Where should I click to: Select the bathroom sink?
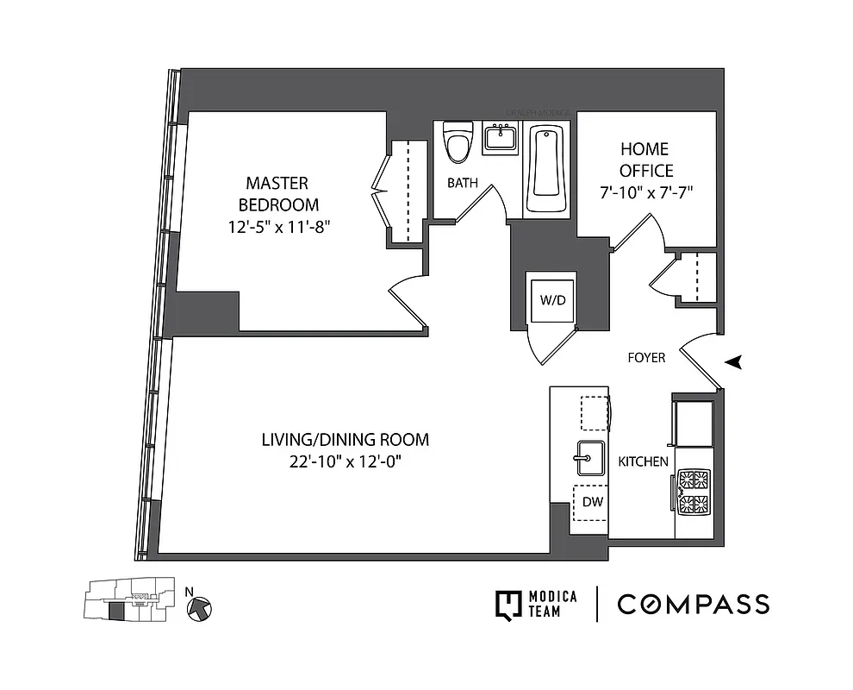(500, 139)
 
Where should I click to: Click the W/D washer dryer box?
(551, 300)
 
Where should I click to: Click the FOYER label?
(645, 357)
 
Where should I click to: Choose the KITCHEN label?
(643, 461)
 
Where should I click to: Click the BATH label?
(462, 183)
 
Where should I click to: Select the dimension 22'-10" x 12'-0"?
(345, 462)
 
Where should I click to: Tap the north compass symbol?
(199, 607)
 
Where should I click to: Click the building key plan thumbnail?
(120, 601)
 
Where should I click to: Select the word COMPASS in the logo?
(693, 604)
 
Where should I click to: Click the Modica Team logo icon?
(509, 604)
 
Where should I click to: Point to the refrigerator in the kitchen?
(694, 423)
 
